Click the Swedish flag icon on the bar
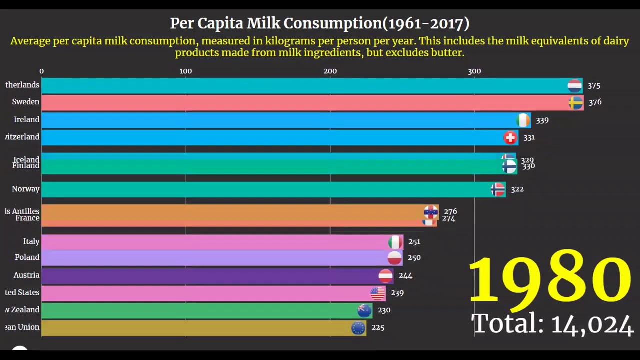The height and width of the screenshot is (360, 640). [x=576, y=103]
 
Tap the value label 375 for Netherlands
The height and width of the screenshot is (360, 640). [x=594, y=86]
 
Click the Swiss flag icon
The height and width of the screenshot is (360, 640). [x=510, y=137]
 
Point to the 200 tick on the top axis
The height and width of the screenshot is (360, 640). [x=330, y=71]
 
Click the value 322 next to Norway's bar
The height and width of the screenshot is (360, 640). [x=517, y=189]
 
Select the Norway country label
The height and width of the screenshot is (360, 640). [x=26, y=189]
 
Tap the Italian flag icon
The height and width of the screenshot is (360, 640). [x=395, y=242]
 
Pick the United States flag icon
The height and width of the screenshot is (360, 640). [x=378, y=293]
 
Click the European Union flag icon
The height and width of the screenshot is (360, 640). [x=358, y=328]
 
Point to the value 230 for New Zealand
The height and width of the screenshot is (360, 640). [x=384, y=310]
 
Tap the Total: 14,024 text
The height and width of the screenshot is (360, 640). [x=552, y=324]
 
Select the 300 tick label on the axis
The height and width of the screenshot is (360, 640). [x=474, y=71]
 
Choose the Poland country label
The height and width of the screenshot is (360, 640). [x=27, y=257]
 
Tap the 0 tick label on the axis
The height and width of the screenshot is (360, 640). [x=41, y=71]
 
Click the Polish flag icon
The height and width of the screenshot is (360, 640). [x=394, y=258]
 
